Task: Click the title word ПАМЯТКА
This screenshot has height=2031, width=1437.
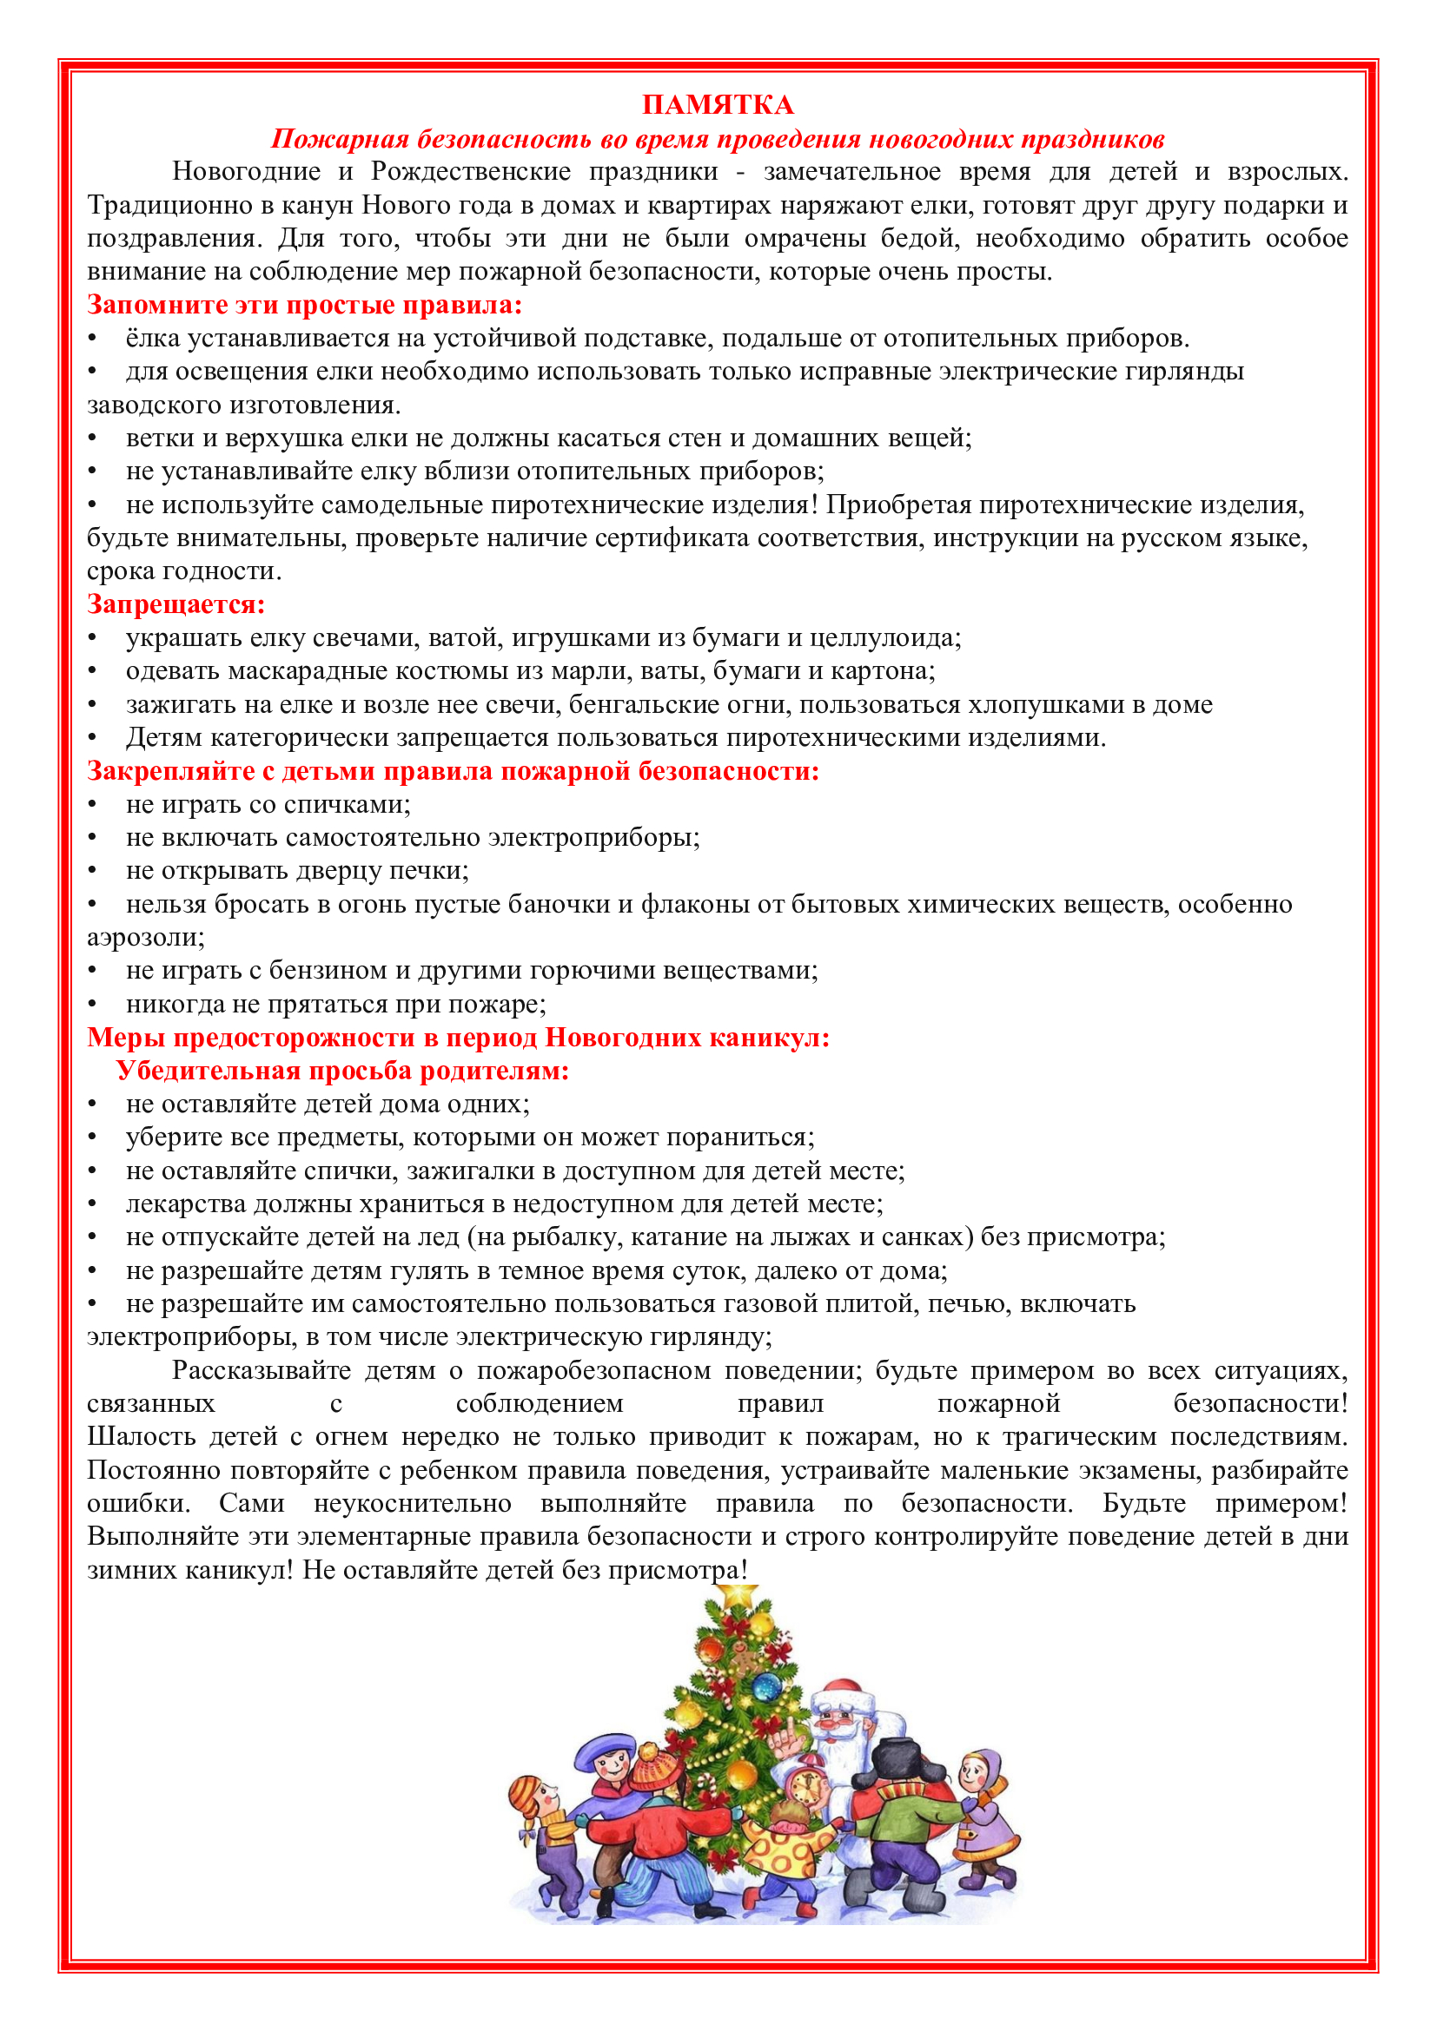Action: [x=718, y=105]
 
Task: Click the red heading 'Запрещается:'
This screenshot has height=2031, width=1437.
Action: [x=176, y=604]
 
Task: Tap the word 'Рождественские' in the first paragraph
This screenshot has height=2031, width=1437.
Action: [x=470, y=171]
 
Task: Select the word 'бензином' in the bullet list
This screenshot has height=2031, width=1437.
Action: [x=328, y=971]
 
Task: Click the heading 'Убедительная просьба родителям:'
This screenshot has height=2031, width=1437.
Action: [x=342, y=1071]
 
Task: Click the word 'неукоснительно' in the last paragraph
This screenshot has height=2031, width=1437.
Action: [x=413, y=1503]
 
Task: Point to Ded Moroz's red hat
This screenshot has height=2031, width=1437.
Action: [x=845, y=1690]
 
